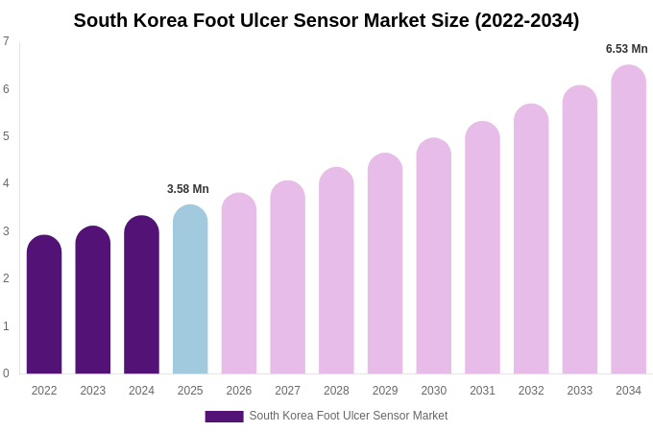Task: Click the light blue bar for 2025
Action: tap(190, 290)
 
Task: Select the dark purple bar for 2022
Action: tap(44, 305)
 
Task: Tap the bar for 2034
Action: tap(628, 220)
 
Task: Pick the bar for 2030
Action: tap(433, 256)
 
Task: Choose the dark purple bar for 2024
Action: tap(141, 296)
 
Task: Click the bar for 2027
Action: tap(287, 277)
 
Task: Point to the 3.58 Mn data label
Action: tap(188, 189)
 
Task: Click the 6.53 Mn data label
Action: tap(626, 49)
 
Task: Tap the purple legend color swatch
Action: tap(224, 417)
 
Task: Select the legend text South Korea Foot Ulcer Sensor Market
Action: tap(349, 416)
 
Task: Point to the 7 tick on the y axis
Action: tap(6, 41)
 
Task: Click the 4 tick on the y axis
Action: tap(6, 183)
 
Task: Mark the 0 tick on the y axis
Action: tap(6, 373)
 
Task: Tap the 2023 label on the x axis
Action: tap(93, 391)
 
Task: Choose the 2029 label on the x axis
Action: tap(385, 391)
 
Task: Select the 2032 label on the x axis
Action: tap(531, 391)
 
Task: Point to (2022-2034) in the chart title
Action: tap(527, 20)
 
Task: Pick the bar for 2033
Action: tap(580, 230)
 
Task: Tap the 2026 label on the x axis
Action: tap(239, 391)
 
